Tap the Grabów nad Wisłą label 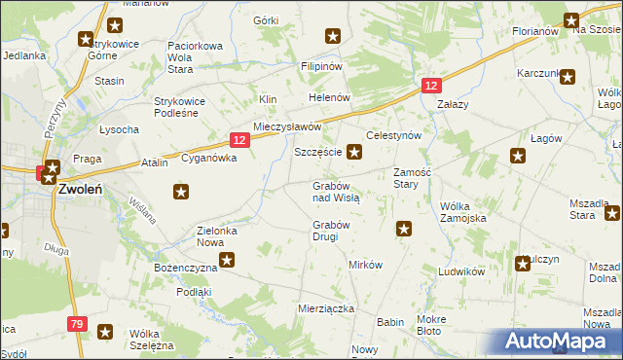(336, 191)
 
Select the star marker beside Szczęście (355, 151)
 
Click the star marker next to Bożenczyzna (227, 259)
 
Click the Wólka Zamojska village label (462, 213)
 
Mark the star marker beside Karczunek (568, 74)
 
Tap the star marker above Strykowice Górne (86, 40)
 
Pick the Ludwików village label (461, 271)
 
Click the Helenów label (328, 98)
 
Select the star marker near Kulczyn (523, 262)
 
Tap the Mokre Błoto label (430, 325)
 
